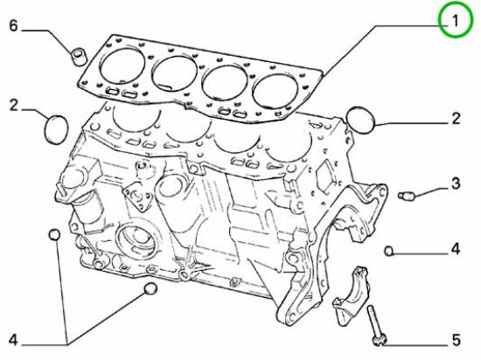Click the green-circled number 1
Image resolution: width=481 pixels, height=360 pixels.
pyautogui.click(x=456, y=21)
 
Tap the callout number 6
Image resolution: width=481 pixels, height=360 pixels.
pyautogui.click(x=13, y=25)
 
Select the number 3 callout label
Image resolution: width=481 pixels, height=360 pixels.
pyautogui.click(x=456, y=183)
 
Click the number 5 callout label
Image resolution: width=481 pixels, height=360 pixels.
pyautogui.click(x=456, y=340)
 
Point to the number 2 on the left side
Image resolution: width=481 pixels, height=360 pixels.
pyautogui.click(x=14, y=105)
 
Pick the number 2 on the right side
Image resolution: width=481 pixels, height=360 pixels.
pyautogui.click(x=456, y=119)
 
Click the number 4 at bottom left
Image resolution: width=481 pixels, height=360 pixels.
pyautogui.click(x=13, y=340)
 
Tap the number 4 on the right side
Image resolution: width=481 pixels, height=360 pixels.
pyautogui.click(x=456, y=249)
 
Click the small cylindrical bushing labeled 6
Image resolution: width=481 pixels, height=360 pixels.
pyautogui.click(x=79, y=57)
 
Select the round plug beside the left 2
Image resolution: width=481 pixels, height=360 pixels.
pyautogui.click(x=57, y=129)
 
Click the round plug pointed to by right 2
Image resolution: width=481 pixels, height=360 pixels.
pyautogui.click(x=360, y=120)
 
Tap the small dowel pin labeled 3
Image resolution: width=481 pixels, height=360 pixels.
pyautogui.click(x=407, y=195)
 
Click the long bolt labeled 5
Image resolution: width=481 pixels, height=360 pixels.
pyautogui.click(x=376, y=325)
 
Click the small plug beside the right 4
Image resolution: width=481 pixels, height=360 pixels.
pyautogui.click(x=389, y=252)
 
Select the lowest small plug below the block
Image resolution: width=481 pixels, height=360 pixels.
pyautogui.click(x=150, y=288)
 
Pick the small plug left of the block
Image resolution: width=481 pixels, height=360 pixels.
pyautogui.click(x=54, y=235)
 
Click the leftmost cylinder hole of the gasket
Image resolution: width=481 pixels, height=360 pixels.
pyautogui.click(x=122, y=66)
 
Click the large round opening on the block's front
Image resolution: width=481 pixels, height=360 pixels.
pyautogui.click(x=137, y=237)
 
